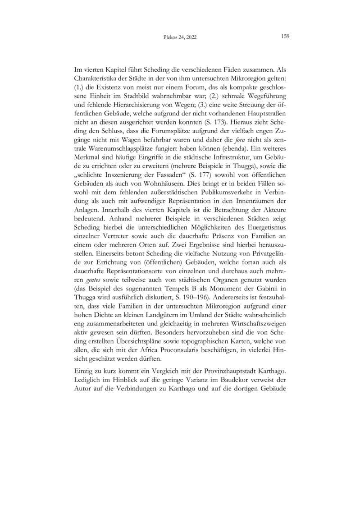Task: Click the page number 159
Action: point(284,37)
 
